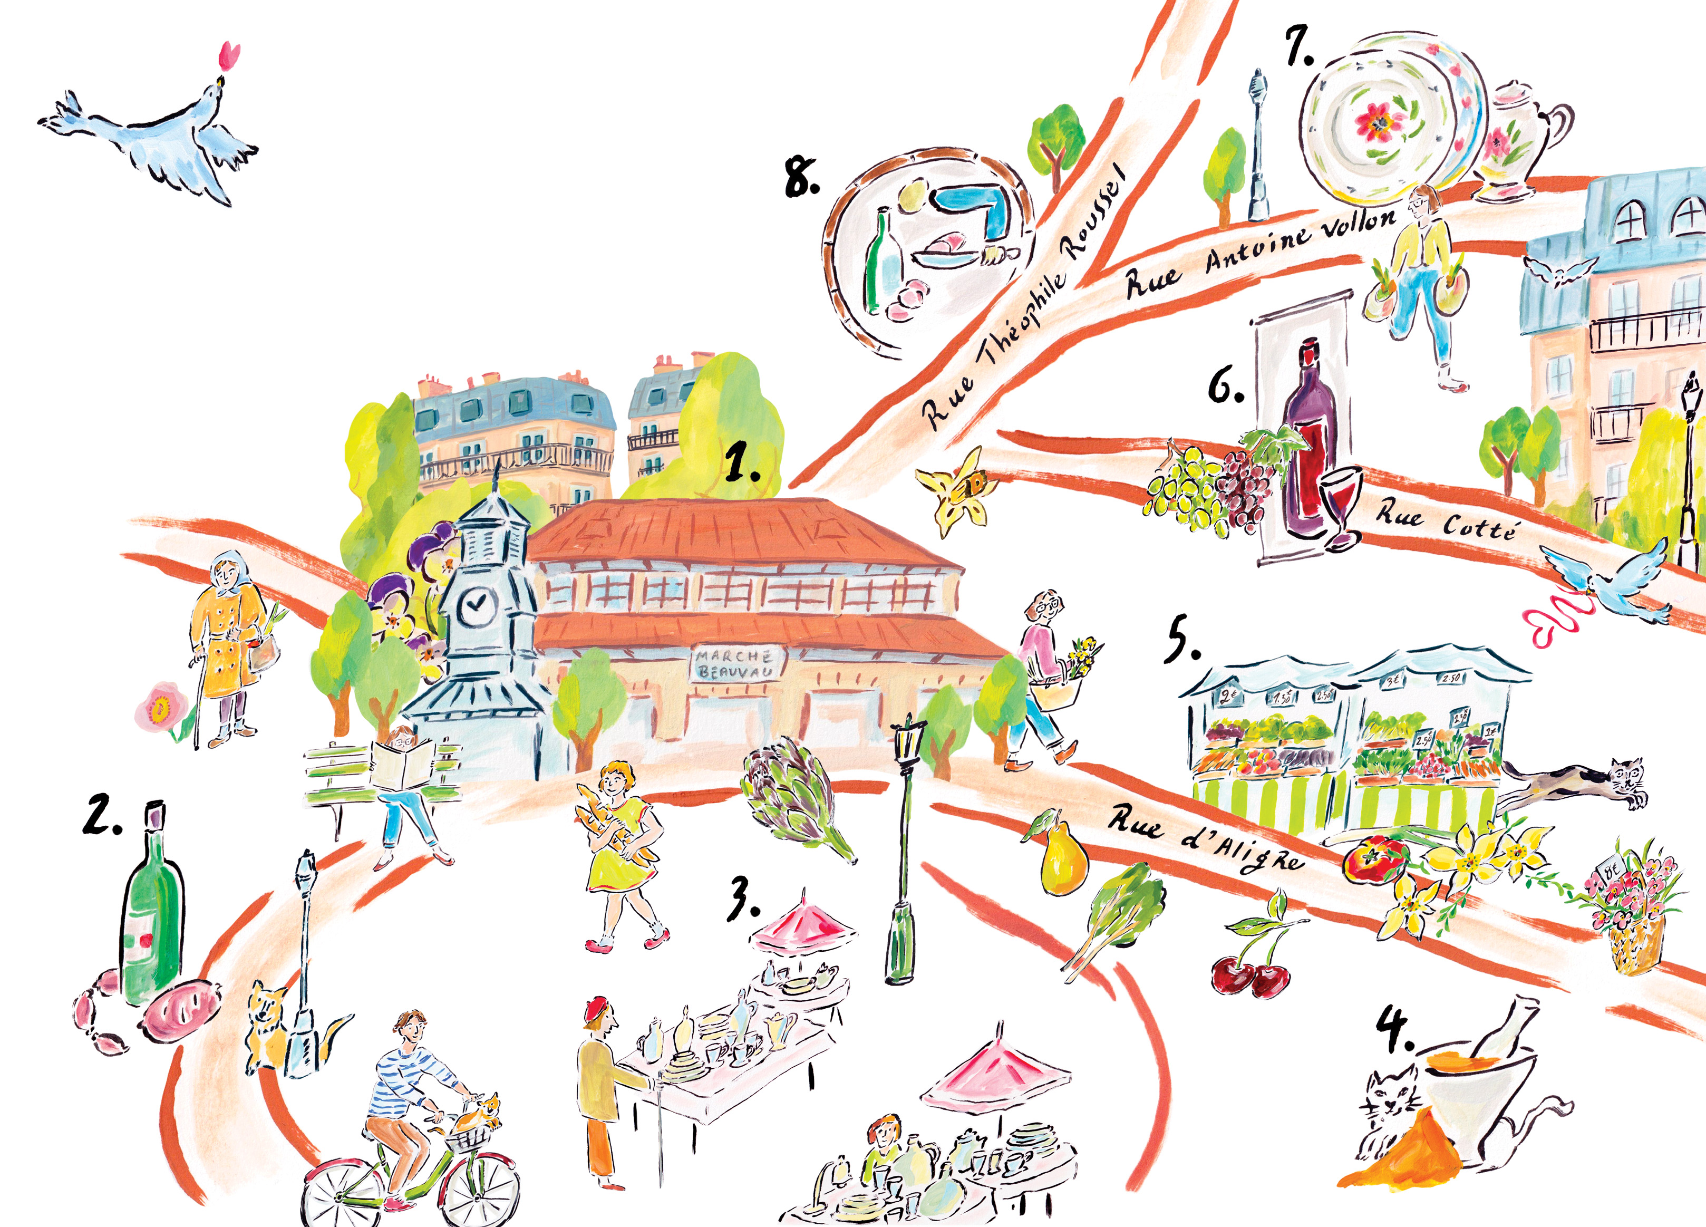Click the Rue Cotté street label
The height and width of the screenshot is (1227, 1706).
[x=1446, y=521]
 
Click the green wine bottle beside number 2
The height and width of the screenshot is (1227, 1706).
[x=153, y=910]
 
